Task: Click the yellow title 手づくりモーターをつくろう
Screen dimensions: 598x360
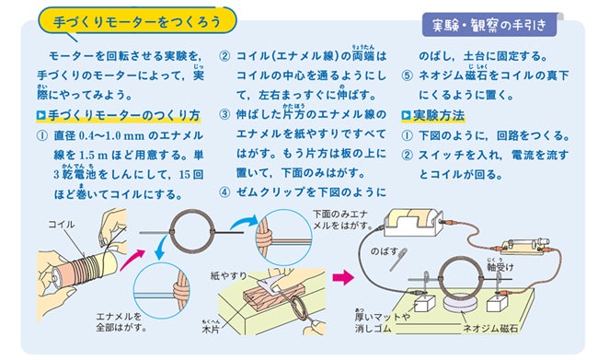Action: (x=137, y=21)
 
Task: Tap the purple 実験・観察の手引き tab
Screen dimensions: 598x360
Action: (x=489, y=25)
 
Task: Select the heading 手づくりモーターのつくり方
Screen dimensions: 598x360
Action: (x=119, y=115)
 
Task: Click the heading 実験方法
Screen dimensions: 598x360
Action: (x=433, y=115)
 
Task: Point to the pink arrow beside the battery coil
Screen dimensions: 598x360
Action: (x=132, y=260)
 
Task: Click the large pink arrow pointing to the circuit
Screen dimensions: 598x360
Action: (x=342, y=277)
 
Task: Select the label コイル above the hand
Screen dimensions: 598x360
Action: (x=62, y=224)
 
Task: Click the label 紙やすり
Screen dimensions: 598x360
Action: (x=228, y=275)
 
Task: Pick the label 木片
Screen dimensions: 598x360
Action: (x=211, y=329)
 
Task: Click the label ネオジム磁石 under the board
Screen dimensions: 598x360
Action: (x=490, y=329)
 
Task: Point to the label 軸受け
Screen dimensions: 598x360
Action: (x=500, y=267)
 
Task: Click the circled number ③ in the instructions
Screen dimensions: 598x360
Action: (x=224, y=114)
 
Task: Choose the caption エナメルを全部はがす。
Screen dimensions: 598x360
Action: (x=121, y=322)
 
